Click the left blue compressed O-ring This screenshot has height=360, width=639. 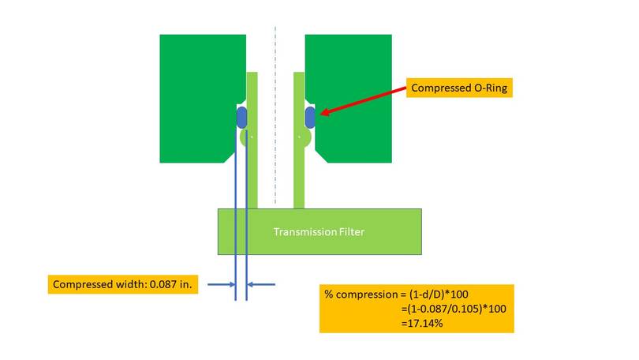(x=241, y=118)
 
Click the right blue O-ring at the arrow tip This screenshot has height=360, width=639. (x=310, y=118)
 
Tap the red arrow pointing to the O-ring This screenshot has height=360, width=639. (x=364, y=100)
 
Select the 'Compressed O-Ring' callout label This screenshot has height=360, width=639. (x=459, y=88)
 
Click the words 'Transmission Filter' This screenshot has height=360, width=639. (x=319, y=231)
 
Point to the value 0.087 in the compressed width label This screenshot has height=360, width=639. (x=163, y=284)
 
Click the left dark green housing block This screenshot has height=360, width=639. (x=200, y=99)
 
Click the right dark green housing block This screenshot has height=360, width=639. (x=351, y=99)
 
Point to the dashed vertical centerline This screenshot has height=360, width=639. (x=275, y=115)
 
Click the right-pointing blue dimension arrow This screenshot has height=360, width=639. (x=222, y=284)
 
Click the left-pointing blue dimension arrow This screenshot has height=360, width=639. (x=261, y=284)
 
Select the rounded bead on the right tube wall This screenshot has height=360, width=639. (x=305, y=137)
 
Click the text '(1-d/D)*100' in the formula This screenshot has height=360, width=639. (x=439, y=294)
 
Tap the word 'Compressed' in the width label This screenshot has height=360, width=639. (x=79, y=284)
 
